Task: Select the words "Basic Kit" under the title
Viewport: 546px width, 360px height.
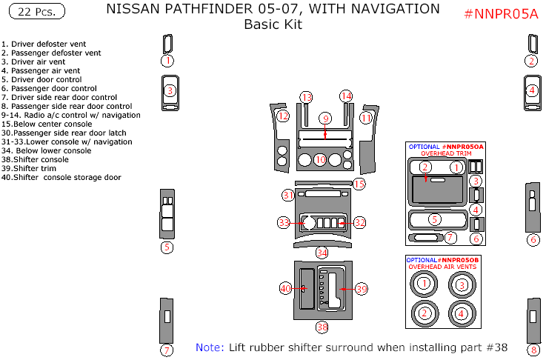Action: [273, 24]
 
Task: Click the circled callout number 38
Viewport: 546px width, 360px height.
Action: [322, 327]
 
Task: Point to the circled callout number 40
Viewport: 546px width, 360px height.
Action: [286, 287]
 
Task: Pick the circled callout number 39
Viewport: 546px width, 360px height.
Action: [361, 289]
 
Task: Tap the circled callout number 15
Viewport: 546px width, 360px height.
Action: [359, 184]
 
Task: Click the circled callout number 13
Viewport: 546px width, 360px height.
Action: [307, 97]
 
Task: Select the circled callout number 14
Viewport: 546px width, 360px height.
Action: [346, 96]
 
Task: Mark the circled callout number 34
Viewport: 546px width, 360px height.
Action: [322, 253]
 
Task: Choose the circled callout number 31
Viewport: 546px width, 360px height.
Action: [288, 195]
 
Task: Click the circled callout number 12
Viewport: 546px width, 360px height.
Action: [283, 116]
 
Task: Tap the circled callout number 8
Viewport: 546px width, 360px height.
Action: [533, 350]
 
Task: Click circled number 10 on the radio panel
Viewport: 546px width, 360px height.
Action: [320, 159]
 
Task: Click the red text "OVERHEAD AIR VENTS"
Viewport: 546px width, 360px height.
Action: [442, 267]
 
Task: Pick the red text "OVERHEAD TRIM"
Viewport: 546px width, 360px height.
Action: [445, 153]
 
